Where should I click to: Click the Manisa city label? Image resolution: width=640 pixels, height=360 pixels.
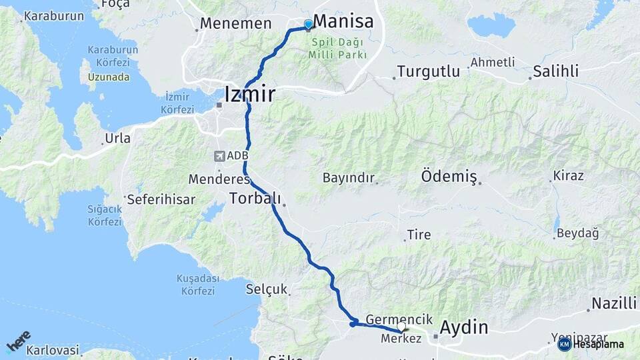point(343,21)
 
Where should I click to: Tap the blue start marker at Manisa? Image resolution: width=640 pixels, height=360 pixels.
point(308,25)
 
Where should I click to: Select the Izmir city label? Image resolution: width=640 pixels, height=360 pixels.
point(250,94)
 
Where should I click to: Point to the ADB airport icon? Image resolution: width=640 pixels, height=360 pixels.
point(219,156)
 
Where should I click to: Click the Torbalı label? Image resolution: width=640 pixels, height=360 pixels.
point(255,198)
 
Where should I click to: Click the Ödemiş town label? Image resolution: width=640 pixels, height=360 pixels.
point(449,177)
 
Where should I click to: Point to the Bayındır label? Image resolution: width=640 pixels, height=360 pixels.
point(349,178)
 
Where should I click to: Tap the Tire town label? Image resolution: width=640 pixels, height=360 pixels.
point(419,235)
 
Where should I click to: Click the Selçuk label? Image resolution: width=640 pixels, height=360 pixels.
point(266,289)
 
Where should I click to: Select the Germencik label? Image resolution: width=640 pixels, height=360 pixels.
point(399,319)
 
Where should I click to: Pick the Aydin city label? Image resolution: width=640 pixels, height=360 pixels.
point(463,327)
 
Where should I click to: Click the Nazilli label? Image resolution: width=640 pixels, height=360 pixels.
point(614,303)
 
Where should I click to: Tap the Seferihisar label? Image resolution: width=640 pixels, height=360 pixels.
point(161,199)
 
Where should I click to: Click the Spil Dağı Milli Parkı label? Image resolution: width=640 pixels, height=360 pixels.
point(338,48)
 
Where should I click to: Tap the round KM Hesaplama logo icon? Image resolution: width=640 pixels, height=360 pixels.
point(564,344)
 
